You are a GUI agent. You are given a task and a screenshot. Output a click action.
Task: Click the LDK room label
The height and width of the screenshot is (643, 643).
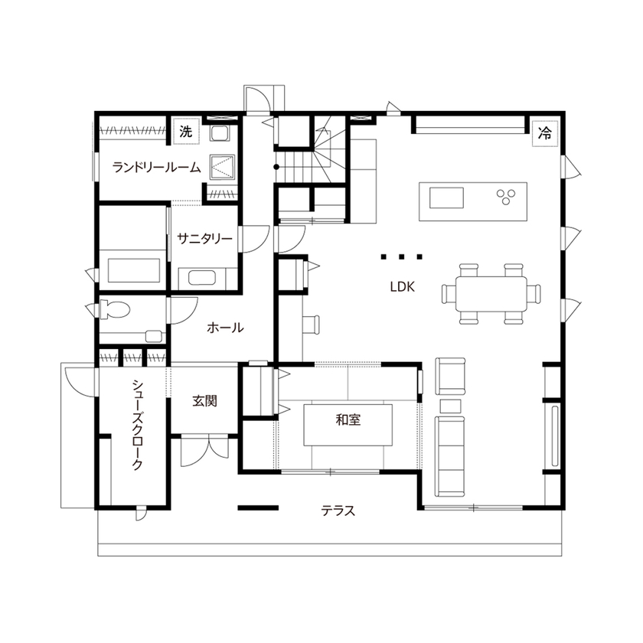click(402, 288)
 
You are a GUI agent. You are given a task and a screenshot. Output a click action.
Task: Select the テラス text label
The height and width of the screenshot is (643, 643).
click(338, 511)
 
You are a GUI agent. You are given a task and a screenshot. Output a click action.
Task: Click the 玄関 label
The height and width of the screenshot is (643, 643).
click(204, 400)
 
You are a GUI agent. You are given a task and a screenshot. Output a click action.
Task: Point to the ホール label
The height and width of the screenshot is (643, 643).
click(225, 328)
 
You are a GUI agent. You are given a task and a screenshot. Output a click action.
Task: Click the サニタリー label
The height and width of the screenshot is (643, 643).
click(204, 239)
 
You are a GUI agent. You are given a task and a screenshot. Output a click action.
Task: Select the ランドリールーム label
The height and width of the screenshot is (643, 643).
click(156, 167)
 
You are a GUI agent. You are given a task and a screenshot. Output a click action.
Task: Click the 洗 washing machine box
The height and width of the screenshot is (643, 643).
click(185, 132)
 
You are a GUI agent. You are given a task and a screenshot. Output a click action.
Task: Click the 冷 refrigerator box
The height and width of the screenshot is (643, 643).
click(545, 132)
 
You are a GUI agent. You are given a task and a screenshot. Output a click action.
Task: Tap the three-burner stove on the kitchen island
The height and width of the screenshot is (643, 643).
click(507, 197)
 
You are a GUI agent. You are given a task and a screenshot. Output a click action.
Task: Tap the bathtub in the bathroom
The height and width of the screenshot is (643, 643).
click(135, 269)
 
